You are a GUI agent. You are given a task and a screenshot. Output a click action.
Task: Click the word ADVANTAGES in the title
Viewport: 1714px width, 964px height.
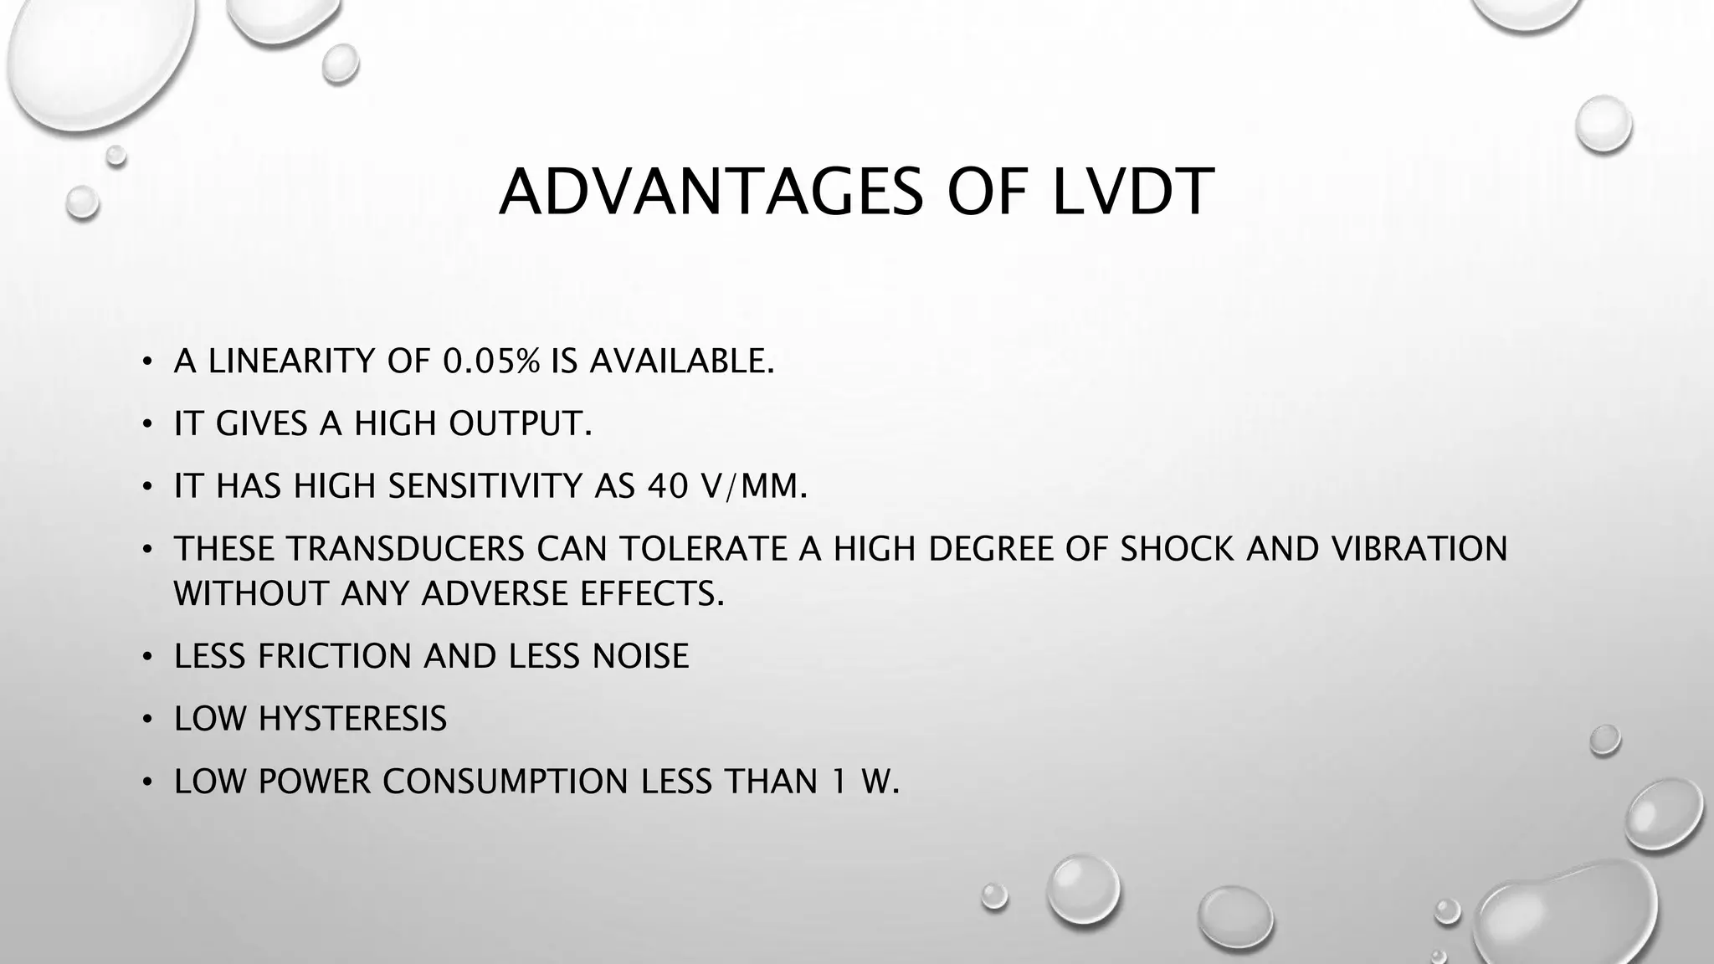[x=711, y=192]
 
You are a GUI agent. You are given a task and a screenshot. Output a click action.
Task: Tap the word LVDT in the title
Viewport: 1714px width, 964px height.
[x=1132, y=192]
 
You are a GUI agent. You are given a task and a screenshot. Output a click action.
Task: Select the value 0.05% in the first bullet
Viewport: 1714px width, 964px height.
[x=491, y=361]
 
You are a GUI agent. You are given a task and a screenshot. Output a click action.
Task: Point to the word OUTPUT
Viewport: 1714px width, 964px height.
[x=520, y=424]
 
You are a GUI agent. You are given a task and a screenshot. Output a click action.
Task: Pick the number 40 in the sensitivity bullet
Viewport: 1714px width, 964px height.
[x=668, y=486]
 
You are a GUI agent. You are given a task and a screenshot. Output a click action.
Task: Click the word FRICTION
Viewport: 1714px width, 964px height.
[x=335, y=656]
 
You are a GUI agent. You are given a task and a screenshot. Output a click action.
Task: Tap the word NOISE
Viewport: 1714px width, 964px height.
[x=640, y=656]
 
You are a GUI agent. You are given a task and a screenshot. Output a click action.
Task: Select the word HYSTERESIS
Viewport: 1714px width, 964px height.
[x=353, y=719]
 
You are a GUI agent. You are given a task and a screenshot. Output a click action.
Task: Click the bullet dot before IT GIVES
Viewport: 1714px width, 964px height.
[x=147, y=425]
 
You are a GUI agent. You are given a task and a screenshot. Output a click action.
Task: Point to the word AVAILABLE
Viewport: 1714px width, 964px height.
[x=681, y=361]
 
